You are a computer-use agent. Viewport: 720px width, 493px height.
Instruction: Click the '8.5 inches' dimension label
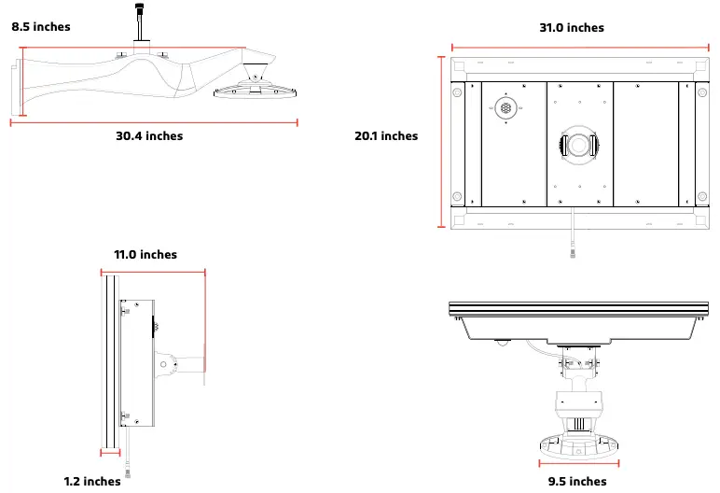(41, 27)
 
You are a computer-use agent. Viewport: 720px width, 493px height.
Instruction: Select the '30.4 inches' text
(149, 136)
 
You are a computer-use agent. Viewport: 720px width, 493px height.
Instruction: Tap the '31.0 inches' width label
(572, 28)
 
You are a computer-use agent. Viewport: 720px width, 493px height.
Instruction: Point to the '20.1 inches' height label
(386, 136)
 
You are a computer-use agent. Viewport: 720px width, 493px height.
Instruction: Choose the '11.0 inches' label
(145, 255)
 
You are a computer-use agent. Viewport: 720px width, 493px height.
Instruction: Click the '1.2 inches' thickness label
(92, 482)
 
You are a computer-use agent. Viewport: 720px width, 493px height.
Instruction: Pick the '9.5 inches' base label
(577, 482)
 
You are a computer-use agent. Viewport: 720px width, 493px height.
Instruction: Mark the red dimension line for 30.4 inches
(154, 121)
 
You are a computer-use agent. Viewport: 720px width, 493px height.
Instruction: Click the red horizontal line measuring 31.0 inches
(578, 46)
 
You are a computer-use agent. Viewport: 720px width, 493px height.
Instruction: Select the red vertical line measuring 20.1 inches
(440, 141)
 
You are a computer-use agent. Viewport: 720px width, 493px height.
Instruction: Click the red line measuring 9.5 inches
(578, 462)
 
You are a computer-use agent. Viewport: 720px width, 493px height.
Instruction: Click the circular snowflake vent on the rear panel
(505, 109)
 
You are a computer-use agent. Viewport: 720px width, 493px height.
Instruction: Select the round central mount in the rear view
(578, 145)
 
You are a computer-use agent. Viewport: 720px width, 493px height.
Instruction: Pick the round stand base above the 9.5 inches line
(578, 443)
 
